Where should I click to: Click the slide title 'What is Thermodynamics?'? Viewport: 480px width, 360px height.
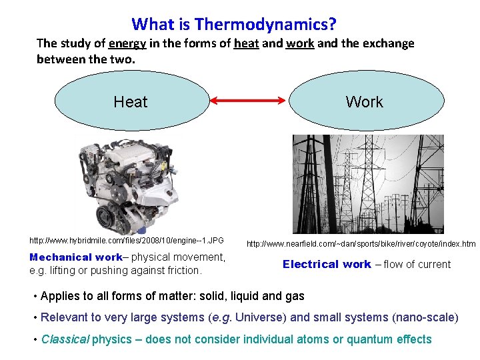point(234,25)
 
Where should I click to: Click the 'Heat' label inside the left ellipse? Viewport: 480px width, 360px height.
point(131,102)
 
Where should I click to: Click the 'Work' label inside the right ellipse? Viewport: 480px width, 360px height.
point(364,102)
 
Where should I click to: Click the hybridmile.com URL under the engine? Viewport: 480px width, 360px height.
point(127,240)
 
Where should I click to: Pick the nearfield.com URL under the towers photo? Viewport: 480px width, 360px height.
point(361,244)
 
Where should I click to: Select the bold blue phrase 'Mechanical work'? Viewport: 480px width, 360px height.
point(76,257)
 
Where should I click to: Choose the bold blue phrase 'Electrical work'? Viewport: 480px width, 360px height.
point(327,264)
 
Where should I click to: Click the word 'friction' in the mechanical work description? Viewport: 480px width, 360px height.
point(183,271)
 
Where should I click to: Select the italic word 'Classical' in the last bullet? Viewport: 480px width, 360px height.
point(65,339)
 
